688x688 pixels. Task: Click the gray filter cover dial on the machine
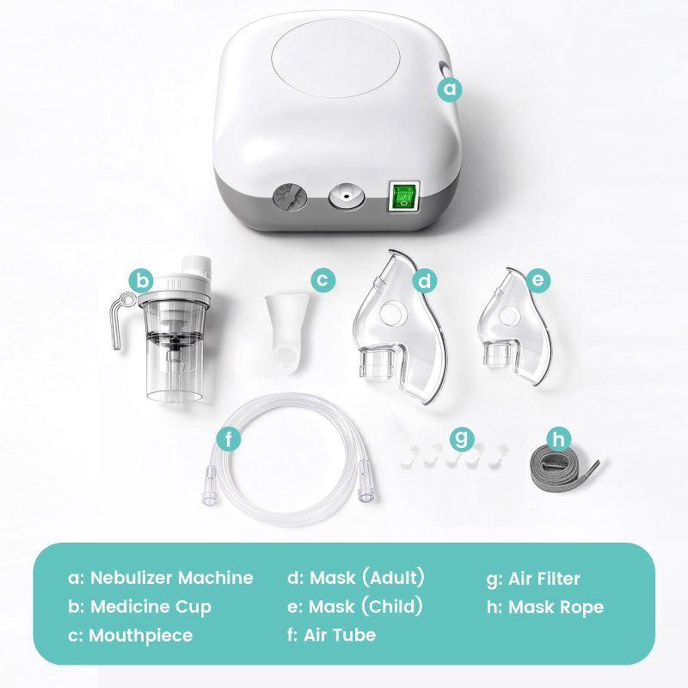click(x=289, y=199)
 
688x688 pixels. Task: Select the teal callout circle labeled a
click(x=450, y=89)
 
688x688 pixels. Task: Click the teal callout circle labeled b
click(x=141, y=280)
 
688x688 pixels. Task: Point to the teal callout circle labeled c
click(x=323, y=279)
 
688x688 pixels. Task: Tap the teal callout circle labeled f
click(x=229, y=438)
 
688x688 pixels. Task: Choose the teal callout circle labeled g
click(x=462, y=438)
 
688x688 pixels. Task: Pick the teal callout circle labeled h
click(x=558, y=439)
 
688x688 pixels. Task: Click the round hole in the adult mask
click(x=392, y=312)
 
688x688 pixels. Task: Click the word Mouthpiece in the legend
click(x=141, y=636)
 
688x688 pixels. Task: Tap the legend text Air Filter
click(x=544, y=578)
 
